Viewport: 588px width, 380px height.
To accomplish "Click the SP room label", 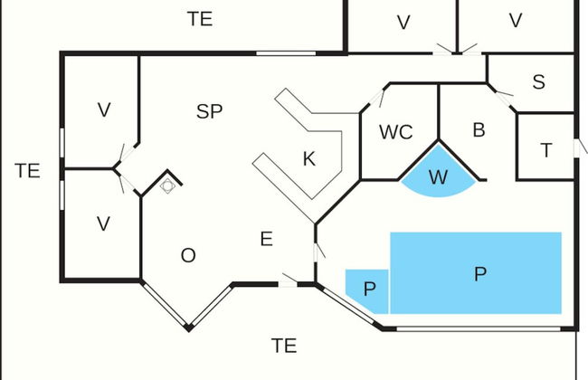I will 209,111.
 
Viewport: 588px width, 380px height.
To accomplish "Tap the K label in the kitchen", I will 308,159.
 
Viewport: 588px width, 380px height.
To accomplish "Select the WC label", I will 395,132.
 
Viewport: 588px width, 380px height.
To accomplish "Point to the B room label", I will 479,129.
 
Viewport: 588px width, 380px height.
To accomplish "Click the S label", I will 538,82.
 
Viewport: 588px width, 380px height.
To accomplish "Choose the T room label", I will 545,150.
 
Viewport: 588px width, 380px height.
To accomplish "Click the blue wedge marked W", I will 438,177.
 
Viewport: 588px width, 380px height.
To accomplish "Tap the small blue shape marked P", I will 368,289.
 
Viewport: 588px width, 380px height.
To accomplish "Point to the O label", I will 188,255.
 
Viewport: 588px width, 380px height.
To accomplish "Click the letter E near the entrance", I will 266,239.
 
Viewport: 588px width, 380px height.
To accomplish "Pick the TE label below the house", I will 284,345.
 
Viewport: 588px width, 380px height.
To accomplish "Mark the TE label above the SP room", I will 200,18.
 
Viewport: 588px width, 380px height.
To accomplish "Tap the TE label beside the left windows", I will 27,170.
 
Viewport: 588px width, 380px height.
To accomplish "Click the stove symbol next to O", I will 167,185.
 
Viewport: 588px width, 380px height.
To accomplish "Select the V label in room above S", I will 516,20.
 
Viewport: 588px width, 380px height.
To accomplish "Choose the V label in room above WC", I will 403,23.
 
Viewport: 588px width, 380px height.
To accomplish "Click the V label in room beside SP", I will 104,110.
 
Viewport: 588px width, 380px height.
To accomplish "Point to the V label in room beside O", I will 103,223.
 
